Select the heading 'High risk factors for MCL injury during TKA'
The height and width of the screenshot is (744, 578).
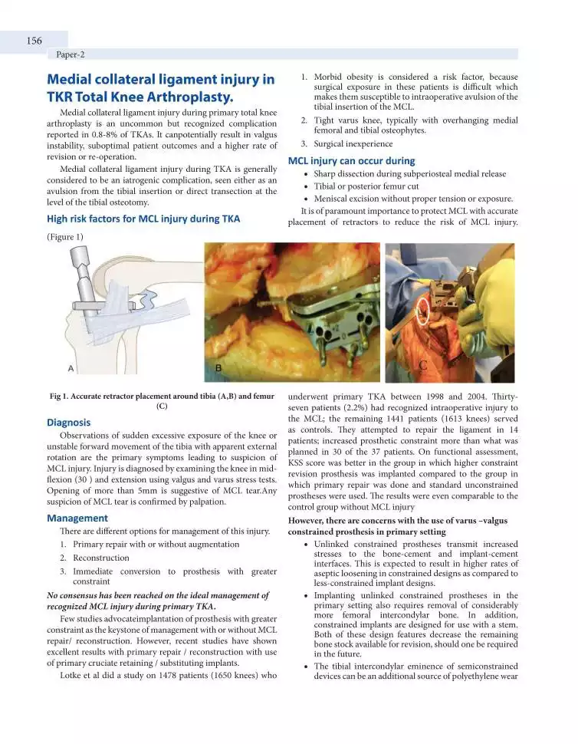pos(143,219)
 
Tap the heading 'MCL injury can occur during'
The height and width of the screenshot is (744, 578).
pos(351,161)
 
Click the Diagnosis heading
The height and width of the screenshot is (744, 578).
pos(69,423)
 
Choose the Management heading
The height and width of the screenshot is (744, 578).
pos(77,518)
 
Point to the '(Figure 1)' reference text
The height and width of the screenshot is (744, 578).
pos(65,237)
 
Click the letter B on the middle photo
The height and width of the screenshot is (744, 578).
pos(218,368)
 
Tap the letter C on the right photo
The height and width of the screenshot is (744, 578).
pos(422,366)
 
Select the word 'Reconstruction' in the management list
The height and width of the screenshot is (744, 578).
pos(101,558)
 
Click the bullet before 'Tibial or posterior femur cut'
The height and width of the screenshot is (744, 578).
pos(306,186)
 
